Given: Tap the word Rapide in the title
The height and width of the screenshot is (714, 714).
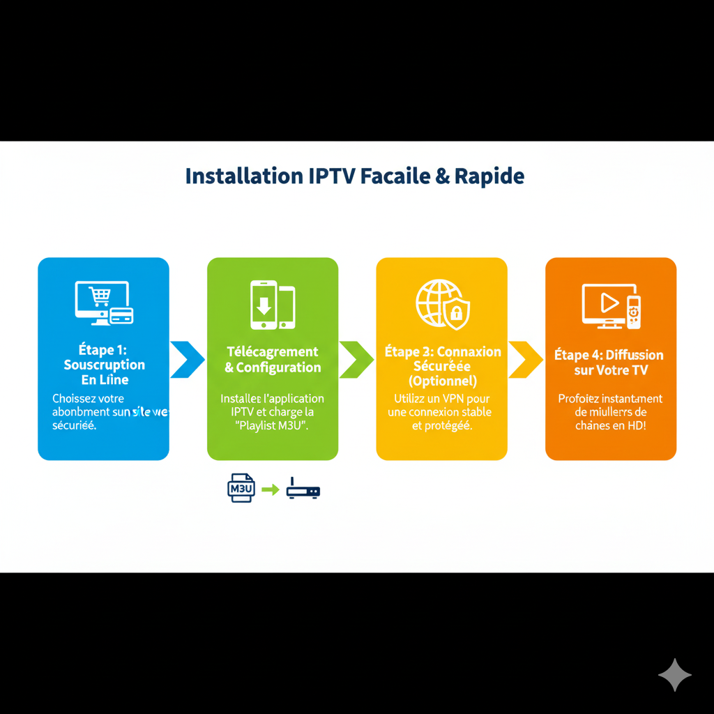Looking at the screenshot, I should click(489, 176).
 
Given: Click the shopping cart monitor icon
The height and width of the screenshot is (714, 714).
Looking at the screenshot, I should click(100, 298).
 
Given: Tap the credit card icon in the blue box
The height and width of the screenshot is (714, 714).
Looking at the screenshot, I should click(122, 315).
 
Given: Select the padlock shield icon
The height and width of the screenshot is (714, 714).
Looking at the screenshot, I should click(457, 313).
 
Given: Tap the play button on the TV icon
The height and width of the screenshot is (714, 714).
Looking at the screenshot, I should click(609, 302).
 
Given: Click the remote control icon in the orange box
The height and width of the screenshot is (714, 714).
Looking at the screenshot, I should click(633, 312).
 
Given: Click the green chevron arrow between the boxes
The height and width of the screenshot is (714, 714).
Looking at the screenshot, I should click(356, 359).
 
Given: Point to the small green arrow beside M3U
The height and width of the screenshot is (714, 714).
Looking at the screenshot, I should click(270, 490).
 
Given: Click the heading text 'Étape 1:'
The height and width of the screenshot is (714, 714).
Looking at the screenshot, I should click(103, 349).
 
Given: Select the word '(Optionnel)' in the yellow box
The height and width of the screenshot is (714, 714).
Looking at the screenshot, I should click(442, 381).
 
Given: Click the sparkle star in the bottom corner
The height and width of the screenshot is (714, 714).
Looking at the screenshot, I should click(675, 675).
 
